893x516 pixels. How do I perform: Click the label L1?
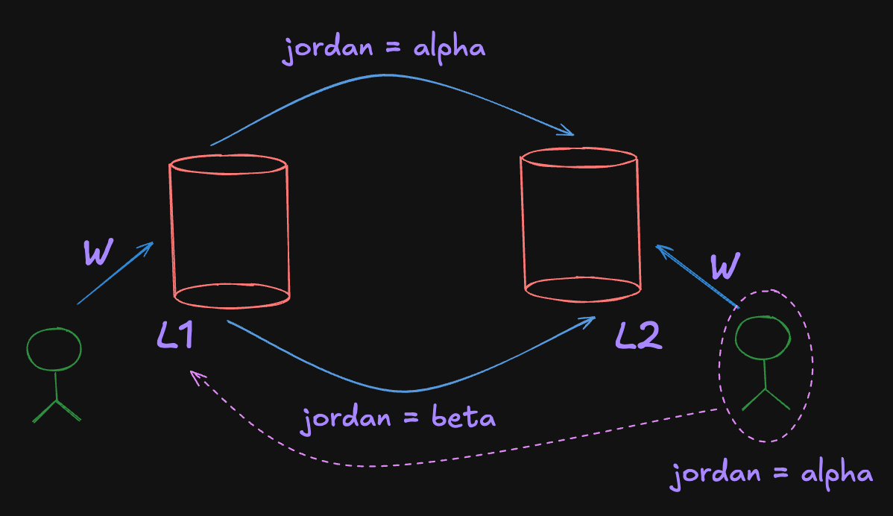(176, 336)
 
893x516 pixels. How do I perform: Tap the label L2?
(638, 337)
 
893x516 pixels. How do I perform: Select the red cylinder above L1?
(230, 231)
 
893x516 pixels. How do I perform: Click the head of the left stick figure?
(54, 349)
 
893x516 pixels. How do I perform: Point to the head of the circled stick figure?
(763, 338)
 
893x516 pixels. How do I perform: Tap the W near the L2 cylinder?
(725, 266)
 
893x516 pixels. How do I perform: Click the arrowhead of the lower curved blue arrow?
(591, 320)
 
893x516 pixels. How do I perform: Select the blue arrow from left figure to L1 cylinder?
(116, 274)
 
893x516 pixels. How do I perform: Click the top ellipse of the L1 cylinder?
(228, 164)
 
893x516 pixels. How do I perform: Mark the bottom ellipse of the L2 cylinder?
(582, 286)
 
